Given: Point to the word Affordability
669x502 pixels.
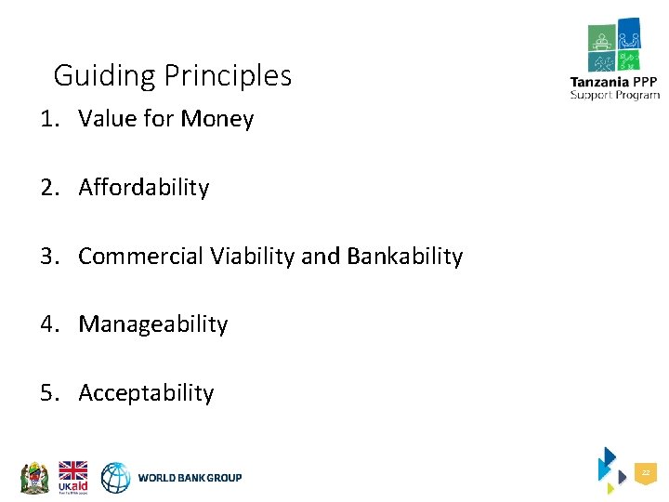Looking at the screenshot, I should point(144,188).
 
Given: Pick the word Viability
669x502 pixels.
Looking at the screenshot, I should point(251,257).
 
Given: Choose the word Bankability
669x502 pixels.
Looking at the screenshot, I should point(404,257).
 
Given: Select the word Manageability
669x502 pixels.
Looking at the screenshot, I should point(153,324).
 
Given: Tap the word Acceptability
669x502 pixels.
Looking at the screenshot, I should point(146,393).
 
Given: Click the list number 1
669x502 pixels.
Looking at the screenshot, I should point(47,119).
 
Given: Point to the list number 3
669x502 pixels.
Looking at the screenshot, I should point(47,257).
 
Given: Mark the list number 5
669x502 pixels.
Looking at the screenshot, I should point(47,393).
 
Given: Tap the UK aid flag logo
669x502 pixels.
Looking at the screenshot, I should point(72,477).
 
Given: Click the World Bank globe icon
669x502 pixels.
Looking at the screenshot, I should point(116,478).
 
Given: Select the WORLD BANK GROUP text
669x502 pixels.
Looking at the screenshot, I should point(190,478).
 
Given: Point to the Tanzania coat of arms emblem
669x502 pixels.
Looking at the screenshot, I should point(33,478).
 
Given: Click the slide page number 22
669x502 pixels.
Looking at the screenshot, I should point(645,474).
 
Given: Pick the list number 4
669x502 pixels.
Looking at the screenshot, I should point(47,324).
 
